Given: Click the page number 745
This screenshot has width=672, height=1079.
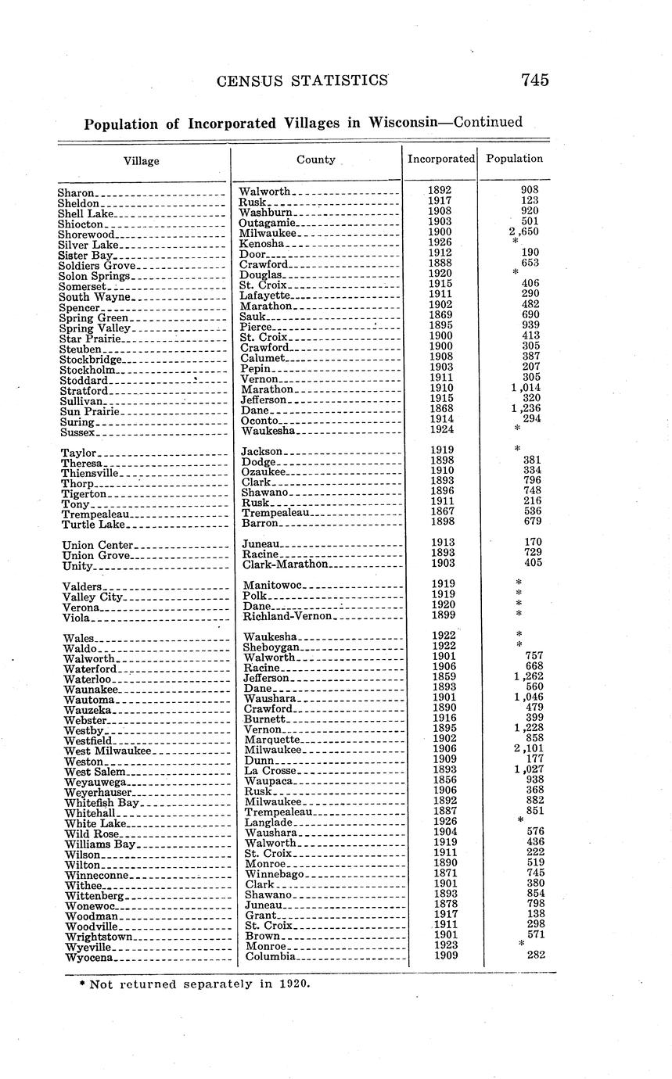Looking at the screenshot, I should [533, 80].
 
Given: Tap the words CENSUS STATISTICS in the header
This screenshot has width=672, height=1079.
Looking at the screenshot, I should [303, 80].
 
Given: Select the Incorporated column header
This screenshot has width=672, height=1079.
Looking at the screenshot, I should [440, 159].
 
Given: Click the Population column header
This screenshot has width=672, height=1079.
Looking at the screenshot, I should [514, 159].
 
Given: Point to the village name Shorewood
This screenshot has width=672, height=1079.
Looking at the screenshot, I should [87, 234].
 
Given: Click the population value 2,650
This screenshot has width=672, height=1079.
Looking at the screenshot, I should [523, 232].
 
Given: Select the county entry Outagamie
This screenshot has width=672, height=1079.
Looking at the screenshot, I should [266, 223].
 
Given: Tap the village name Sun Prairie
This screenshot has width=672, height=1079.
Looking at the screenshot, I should [89, 411].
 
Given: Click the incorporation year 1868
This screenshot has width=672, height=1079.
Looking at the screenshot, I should [440, 409].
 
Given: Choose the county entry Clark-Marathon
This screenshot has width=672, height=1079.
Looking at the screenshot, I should [287, 564].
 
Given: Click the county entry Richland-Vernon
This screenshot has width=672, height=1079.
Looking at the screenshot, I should [289, 617].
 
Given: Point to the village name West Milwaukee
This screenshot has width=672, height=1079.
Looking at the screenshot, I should [107, 751].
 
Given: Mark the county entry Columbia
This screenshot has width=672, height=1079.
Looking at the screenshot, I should [269, 956].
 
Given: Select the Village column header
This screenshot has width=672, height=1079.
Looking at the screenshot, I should [141, 161].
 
